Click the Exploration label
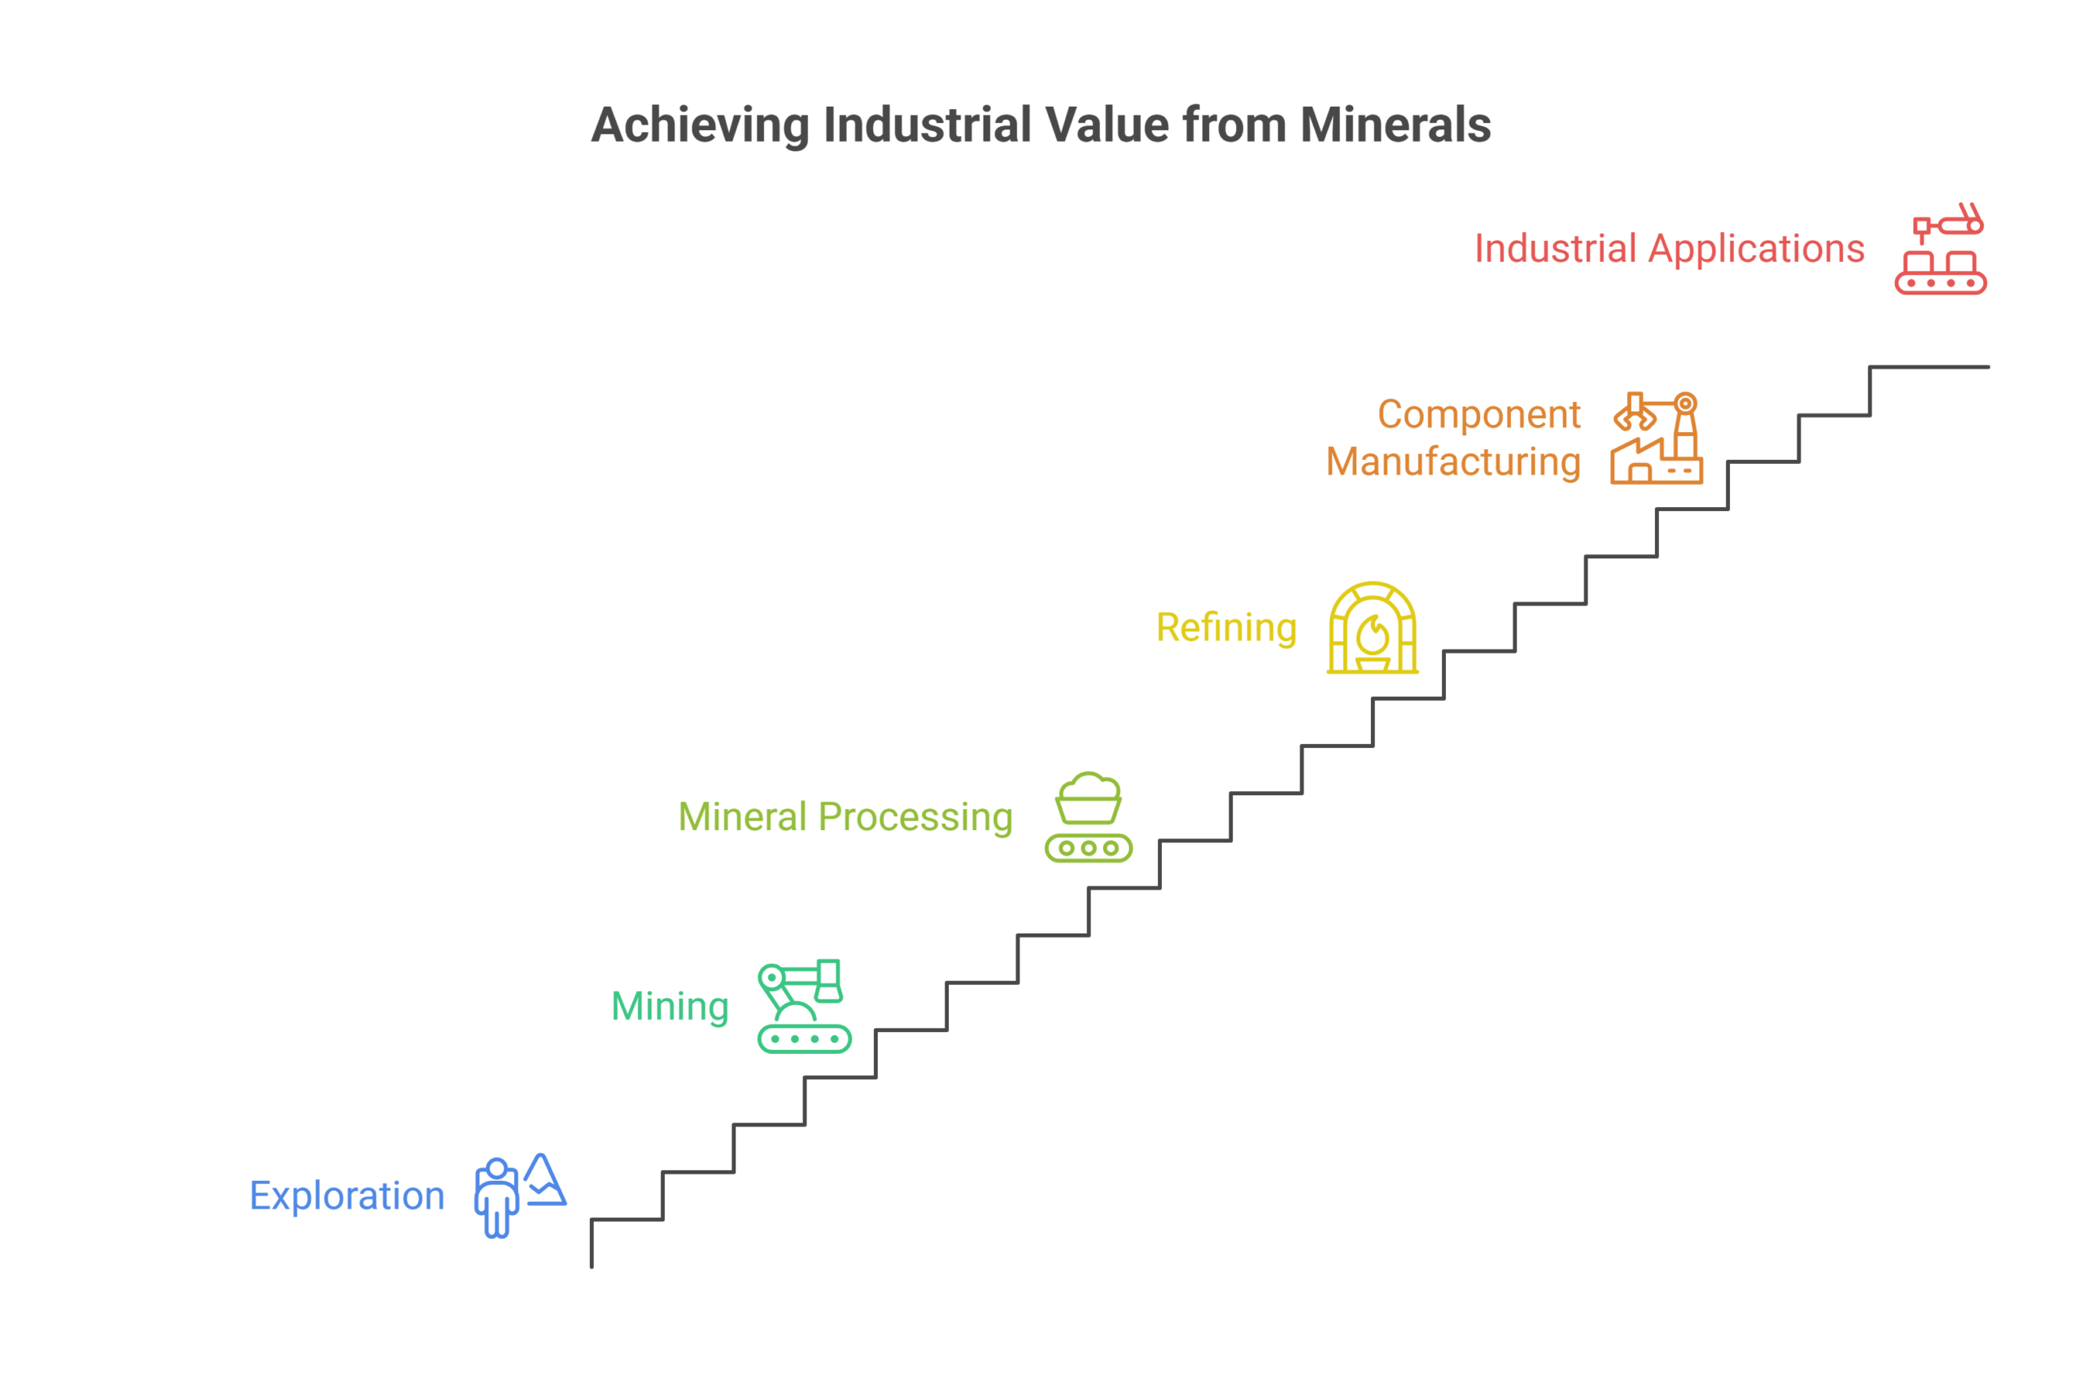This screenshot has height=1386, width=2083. coord(347,1195)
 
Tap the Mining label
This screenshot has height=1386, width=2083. coord(670,1006)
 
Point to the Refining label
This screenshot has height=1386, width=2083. coord(1225,627)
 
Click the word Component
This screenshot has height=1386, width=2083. coord(1478,414)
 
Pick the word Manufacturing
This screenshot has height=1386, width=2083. coord(1453,462)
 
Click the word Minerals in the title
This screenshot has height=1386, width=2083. coord(1395,125)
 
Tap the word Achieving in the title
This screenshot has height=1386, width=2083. coord(700,125)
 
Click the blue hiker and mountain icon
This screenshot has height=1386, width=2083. coord(520,1195)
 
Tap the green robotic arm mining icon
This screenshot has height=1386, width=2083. coord(804,1006)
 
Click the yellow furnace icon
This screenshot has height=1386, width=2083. coord(1373,627)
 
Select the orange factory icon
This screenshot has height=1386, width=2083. coord(1656,439)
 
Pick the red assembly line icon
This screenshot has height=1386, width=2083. coord(1941,249)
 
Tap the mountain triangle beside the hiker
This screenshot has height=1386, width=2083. coord(544,1179)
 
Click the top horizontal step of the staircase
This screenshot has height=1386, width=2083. coord(1929,367)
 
